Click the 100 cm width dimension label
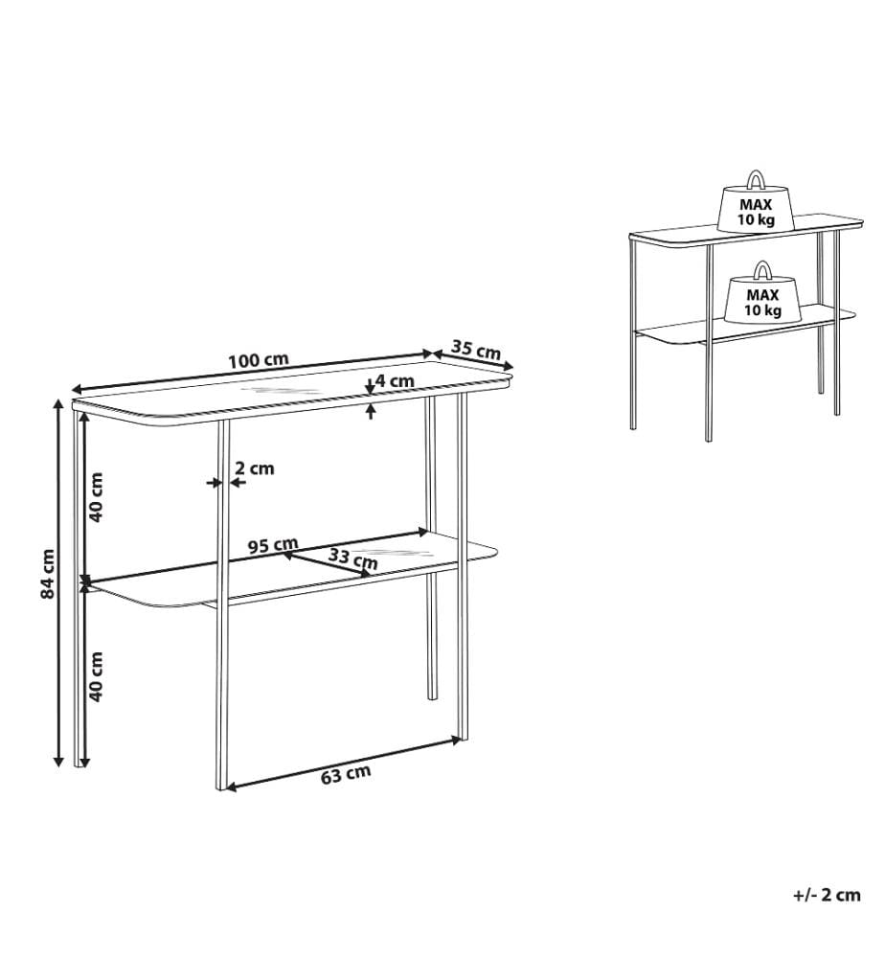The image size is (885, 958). click(259, 360)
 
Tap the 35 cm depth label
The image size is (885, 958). click(476, 350)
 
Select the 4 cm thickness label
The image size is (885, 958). click(395, 381)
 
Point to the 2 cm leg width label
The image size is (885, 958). click(255, 468)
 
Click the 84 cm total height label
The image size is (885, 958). click(48, 574)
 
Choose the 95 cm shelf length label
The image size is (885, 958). click(273, 544)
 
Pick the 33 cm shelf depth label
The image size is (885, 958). click(353, 558)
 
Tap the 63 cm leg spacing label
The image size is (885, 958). click(346, 775)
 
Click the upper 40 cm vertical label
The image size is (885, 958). click(96, 497)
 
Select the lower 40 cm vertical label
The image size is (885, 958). click(96, 676)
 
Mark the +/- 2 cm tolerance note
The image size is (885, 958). click(827, 896)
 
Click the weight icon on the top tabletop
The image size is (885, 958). click(756, 201)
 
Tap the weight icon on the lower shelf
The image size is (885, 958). click(762, 292)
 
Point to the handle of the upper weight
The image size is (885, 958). click(756, 180)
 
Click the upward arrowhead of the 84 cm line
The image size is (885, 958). click(58, 404)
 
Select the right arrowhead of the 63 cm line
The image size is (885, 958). click(455, 741)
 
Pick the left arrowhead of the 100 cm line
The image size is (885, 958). click(78, 390)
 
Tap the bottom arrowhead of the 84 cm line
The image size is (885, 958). click(58, 760)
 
